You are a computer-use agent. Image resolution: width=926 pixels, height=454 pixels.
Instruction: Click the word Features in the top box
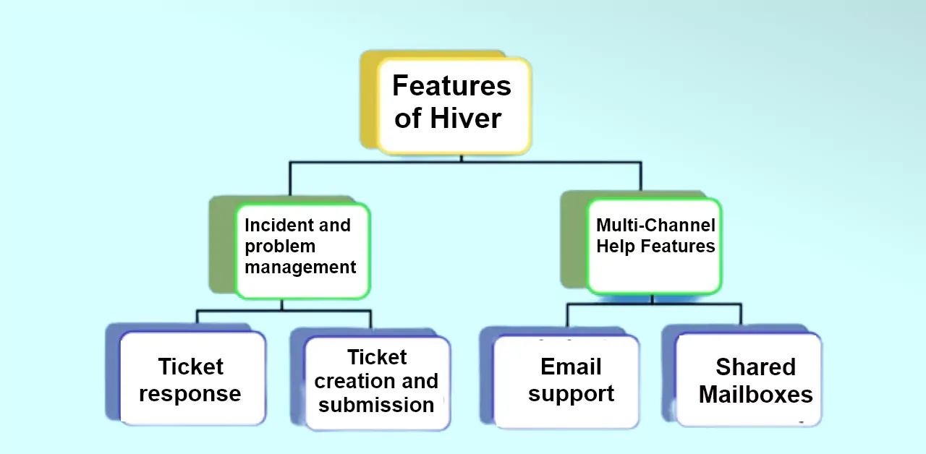451,85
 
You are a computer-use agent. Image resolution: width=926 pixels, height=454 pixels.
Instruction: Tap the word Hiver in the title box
465,118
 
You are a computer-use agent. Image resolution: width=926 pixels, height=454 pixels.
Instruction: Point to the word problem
280,247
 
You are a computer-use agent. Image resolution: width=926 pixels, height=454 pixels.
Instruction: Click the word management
300,267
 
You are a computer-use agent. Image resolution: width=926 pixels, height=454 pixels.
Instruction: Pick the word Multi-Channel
655,225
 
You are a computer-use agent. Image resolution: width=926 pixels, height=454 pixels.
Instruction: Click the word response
190,394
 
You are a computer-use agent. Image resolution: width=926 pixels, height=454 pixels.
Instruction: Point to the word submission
376,406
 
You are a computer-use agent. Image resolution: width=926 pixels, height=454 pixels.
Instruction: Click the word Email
571,367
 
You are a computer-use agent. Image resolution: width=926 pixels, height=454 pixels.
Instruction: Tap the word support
571,394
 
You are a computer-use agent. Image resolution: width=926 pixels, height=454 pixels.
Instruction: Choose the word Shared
756,367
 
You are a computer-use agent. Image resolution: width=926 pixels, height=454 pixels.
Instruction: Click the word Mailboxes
756,394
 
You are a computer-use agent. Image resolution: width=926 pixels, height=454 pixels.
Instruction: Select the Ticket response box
192,378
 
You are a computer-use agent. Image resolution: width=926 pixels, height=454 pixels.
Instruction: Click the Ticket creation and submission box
378,384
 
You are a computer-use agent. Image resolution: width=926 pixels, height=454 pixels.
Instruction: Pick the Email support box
566,382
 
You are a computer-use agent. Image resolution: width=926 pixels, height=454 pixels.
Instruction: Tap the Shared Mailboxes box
749,380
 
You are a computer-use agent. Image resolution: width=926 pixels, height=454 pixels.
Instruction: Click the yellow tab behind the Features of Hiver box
369,99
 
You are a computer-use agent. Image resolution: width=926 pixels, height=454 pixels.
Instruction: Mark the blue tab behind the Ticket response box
112,372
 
